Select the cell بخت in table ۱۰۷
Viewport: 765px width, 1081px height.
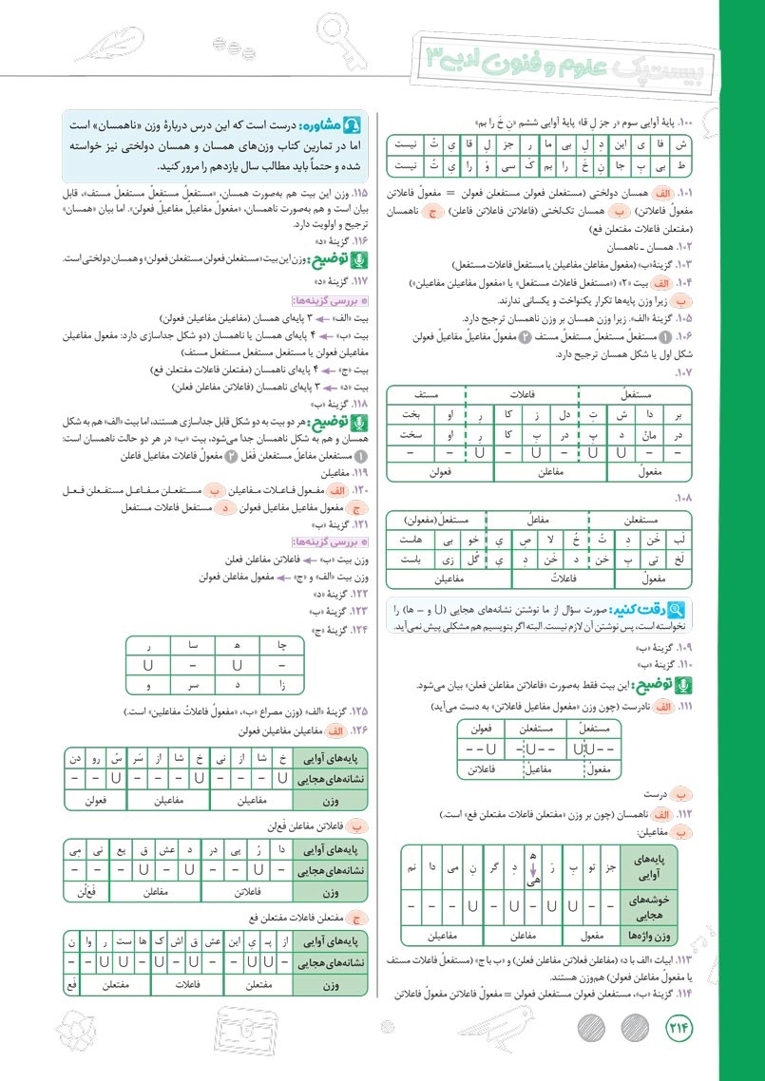[x=411, y=414]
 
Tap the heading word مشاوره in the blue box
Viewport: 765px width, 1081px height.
[x=319, y=124]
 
